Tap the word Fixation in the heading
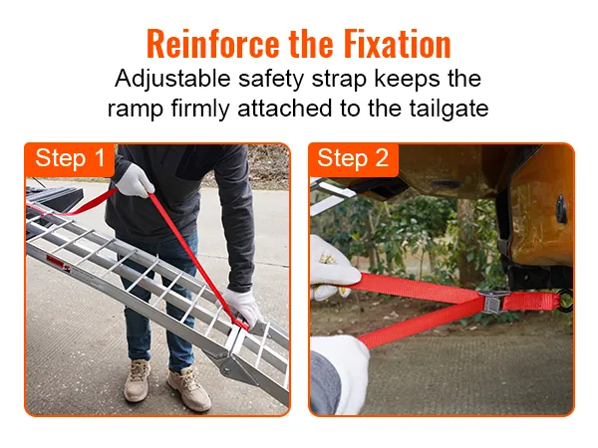click(x=395, y=45)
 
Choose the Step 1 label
click(x=70, y=158)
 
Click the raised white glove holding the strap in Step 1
click(x=134, y=180)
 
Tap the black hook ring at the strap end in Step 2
click(x=567, y=301)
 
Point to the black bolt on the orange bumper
click(x=561, y=210)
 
